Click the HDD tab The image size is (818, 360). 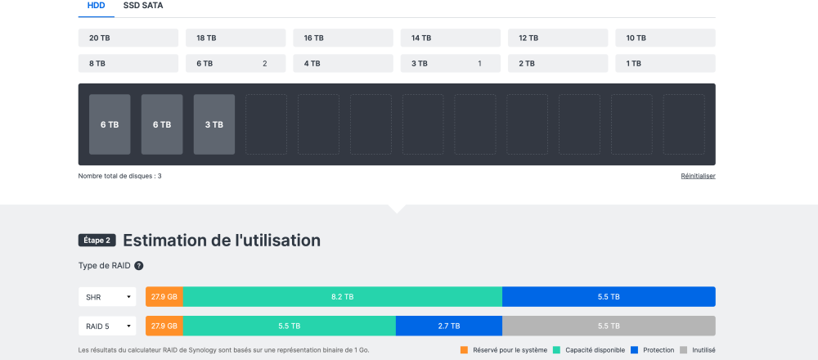pyautogui.click(x=96, y=6)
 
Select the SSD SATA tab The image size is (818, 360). pyautogui.click(x=142, y=6)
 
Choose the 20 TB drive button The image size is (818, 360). pyautogui.click(x=128, y=38)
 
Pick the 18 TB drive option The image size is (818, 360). pyautogui.click(x=236, y=38)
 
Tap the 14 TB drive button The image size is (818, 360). pyautogui.click(x=450, y=38)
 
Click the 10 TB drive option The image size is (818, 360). pyautogui.click(x=665, y=38)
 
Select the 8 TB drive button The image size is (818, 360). pyautogui.click(x=128, y=63)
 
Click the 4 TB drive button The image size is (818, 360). pyautogui.click(x=343, y=63)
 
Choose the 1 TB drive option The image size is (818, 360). pyautogui.click(x=665, y=63)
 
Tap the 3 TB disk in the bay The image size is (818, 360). pyautogui.click(x=214, y=124)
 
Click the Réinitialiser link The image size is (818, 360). pyautogui.click(x=698, y=176)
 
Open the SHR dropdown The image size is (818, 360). pyautogui.click(x=107, y=297)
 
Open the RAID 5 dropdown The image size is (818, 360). pyautogui.click(x=107, y=326)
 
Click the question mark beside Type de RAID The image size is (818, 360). pyautogui.click(x=139, y=266)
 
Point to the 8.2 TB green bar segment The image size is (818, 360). pyautogui.click(x=342, y=297)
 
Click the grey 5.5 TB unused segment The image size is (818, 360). pyautogui.click(x=609, y=326)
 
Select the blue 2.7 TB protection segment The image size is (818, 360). pyautogui.click(x=448, y=326)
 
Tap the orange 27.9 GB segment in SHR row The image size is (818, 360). pyautogui.click(x=164, y=297)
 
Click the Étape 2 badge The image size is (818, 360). pyautogui.click(x=97, y=241)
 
